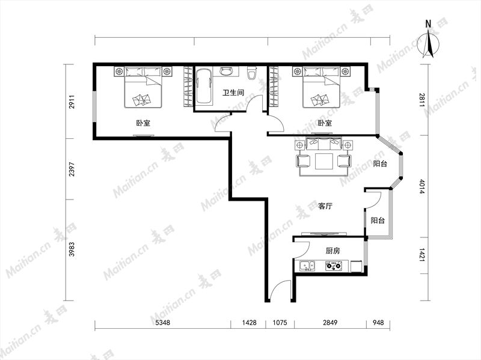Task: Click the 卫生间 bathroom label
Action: (233, 93)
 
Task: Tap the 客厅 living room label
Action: (325, 206)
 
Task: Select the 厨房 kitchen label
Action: (333, 251)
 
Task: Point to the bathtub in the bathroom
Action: (204, 86)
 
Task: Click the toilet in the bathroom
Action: (252, 73)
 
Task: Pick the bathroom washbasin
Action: (227, 72)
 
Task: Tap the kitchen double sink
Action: (307, 266)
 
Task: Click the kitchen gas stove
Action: (334, 266)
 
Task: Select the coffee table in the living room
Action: (324, 161)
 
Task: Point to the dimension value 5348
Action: (162, 323)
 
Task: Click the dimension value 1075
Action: (280, 323)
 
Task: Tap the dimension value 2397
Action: (72, 169)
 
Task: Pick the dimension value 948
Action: (378, 323)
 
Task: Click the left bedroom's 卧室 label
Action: (143, 123)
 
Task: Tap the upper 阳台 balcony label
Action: (380, 163)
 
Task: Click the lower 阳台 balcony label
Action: (378, 220)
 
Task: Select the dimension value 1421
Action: (421, 255)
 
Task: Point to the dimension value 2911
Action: (72, 102)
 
